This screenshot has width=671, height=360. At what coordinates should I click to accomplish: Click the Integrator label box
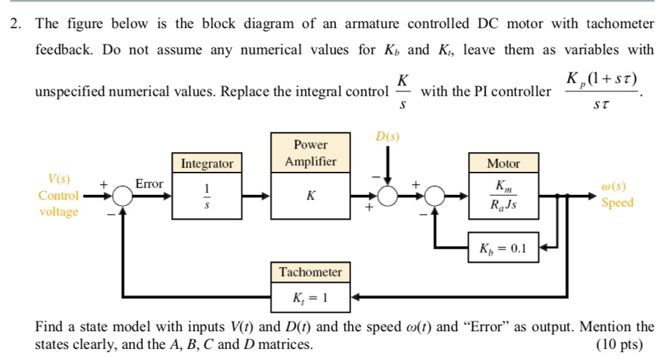(207, 163)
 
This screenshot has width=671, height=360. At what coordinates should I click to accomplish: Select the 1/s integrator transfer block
(207, 195)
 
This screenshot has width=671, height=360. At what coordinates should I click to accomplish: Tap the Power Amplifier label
(311, 153)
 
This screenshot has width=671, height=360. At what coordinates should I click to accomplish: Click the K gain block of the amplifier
(311, 195)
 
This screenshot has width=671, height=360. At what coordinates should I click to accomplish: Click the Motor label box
(503, 163)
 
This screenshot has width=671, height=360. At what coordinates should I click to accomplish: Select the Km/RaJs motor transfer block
(503, 195)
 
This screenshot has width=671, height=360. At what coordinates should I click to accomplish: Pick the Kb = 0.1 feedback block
(503, 248)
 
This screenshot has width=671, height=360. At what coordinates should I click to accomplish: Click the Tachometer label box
(311, 272)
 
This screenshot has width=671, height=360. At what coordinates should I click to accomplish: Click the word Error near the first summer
(149, 184)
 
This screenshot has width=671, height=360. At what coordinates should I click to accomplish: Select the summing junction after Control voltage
(122, 195)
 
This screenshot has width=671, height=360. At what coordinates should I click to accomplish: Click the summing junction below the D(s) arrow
(388, 195)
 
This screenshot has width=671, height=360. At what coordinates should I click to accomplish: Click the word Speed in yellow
(617, 203)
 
